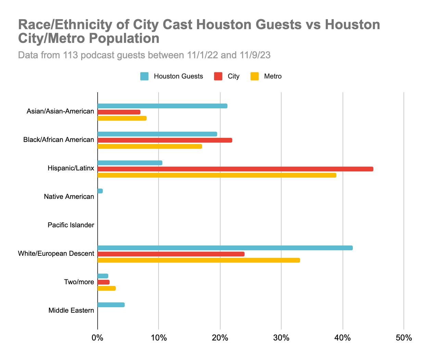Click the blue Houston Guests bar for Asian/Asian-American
coord(162,106)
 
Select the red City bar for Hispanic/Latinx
coord(235,169)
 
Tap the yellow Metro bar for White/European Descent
coord(199,260)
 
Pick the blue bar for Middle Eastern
coord(111,305)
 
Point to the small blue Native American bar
coord(100,191)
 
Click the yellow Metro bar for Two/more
coord(107,288)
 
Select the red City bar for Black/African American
coord(165,140)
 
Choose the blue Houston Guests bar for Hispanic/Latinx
coord(130,163)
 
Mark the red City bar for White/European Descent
coord(171,254)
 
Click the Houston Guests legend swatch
coord(144,76)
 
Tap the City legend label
coord(233,76)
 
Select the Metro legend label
coord(273,76)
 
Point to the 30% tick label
coord(281,338)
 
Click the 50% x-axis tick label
coord(404,338)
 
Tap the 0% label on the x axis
coord(98,338)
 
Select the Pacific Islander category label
coord(71,225)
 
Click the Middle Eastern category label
coord(71,311)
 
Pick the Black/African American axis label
coord(59,140)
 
